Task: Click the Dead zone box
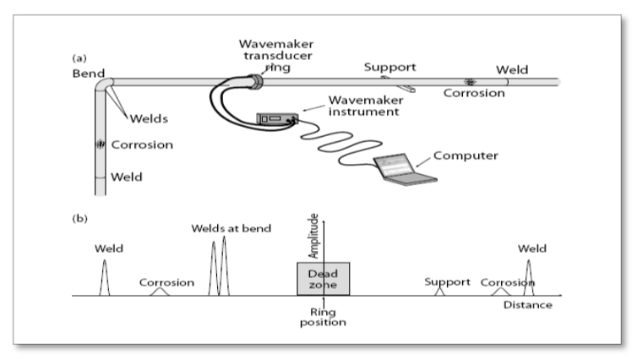tap(323, 279)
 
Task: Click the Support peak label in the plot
tap(446, 281)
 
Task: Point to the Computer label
tap(461, 155)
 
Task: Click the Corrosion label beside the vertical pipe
tap(144, 145)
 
